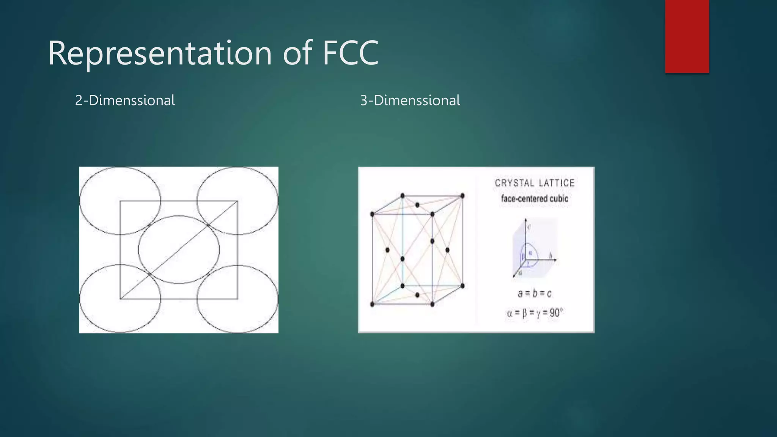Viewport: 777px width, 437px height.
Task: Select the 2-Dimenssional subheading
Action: [125, 101]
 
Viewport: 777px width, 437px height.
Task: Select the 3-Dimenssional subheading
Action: [410, 101]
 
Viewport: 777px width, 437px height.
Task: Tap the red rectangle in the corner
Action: [687, 36]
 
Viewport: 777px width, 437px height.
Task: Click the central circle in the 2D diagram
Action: [179, 250]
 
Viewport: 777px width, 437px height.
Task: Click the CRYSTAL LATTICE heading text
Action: [535, 183]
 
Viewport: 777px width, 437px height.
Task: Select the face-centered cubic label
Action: [534, 198]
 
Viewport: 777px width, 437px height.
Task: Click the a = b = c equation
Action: [534, 293]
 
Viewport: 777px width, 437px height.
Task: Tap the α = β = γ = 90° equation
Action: [534, 313]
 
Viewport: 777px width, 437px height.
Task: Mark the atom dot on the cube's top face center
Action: [417, 205]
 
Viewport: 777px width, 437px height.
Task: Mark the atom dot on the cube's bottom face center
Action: [417, 295]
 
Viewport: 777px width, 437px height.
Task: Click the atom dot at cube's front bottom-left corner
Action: [372, 304]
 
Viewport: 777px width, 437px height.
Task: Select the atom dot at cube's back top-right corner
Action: [462, 196]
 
